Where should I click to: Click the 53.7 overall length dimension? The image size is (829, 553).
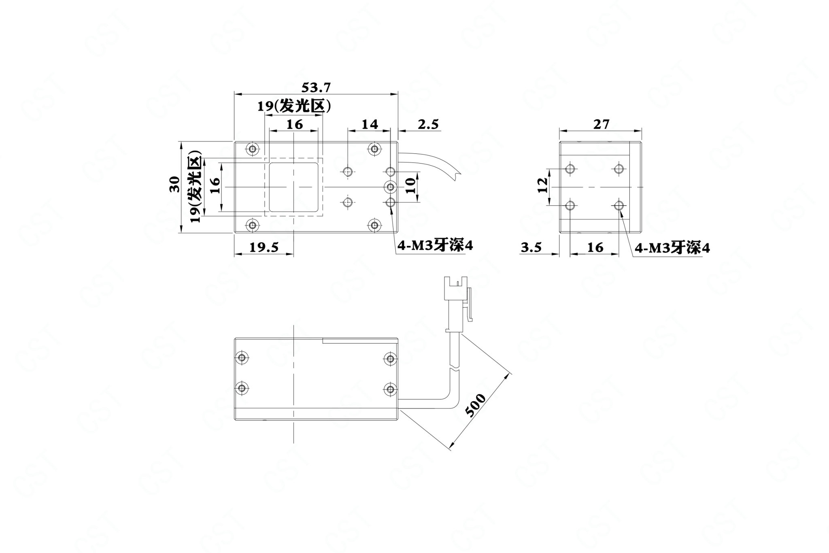tap(317, 87)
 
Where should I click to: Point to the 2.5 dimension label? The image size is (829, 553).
tap(428, 124)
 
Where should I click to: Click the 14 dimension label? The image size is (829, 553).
tap(370, 124)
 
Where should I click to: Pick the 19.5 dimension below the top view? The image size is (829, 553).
tap(264, 247)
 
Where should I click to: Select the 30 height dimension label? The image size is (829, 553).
tap(174, 185)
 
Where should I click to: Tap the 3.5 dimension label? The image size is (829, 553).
tap(531, 247)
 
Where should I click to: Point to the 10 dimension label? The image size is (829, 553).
tap(410, 186)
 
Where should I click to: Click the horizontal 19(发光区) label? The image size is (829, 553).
tap(295, 106)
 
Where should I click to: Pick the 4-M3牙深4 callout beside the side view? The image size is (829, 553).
tap(672, 248)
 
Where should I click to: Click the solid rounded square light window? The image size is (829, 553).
tap(293, 187)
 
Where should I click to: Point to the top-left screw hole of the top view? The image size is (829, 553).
tap(253, 149)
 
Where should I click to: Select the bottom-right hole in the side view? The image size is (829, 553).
tap(618, 206)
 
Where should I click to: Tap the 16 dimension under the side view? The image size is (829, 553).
tap(595, 247)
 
